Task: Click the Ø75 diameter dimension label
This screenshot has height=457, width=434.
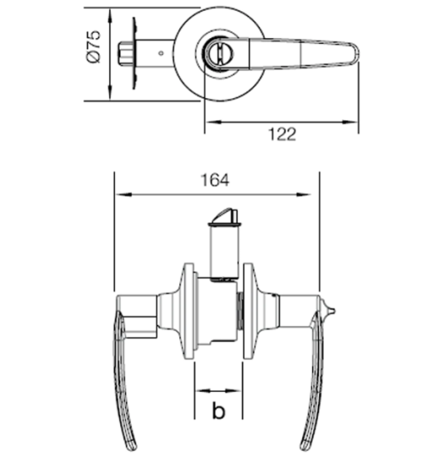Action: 94,47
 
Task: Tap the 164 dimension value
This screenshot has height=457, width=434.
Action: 217,179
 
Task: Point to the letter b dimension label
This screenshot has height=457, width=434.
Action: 218,411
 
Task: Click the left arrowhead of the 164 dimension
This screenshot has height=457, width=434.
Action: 119,194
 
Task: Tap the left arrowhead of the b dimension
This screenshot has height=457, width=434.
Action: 200,392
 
